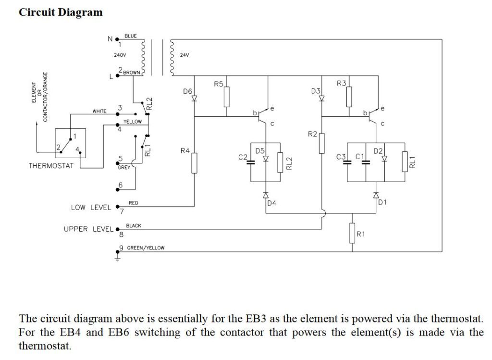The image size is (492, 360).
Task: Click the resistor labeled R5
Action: (x=227, y=97)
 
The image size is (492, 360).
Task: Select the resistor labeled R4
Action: (x=195, y=163)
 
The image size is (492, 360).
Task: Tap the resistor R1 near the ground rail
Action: (x=352, y=233)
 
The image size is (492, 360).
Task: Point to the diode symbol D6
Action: (x=195, y=98)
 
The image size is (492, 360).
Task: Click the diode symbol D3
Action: (x=321, y=98)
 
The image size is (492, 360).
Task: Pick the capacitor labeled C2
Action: (x=250, y=162)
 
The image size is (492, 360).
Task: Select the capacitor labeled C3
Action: (x=347, y=162)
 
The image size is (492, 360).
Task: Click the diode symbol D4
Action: (x=266, y=195)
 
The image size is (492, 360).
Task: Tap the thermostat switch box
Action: (x=70, y=143)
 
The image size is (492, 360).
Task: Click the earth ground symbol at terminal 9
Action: (x=118, y=257)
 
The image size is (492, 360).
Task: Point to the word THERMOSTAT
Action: (x=51, y=166)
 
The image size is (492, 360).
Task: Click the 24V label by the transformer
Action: (x=184, y=55)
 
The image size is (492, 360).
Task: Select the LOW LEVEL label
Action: (x=91, y=208)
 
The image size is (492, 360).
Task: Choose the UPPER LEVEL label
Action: (x=88, y=229)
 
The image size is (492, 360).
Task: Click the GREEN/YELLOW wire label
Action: (x=146, y=248)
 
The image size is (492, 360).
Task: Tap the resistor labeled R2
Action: (x=321, y=143)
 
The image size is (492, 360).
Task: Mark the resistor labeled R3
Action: (x=349, y=97)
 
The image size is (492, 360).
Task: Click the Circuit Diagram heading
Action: (x=61, y=12)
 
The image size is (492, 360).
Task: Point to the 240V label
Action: (x=120, y=55)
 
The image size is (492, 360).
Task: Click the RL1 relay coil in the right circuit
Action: (x=405, y=161)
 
